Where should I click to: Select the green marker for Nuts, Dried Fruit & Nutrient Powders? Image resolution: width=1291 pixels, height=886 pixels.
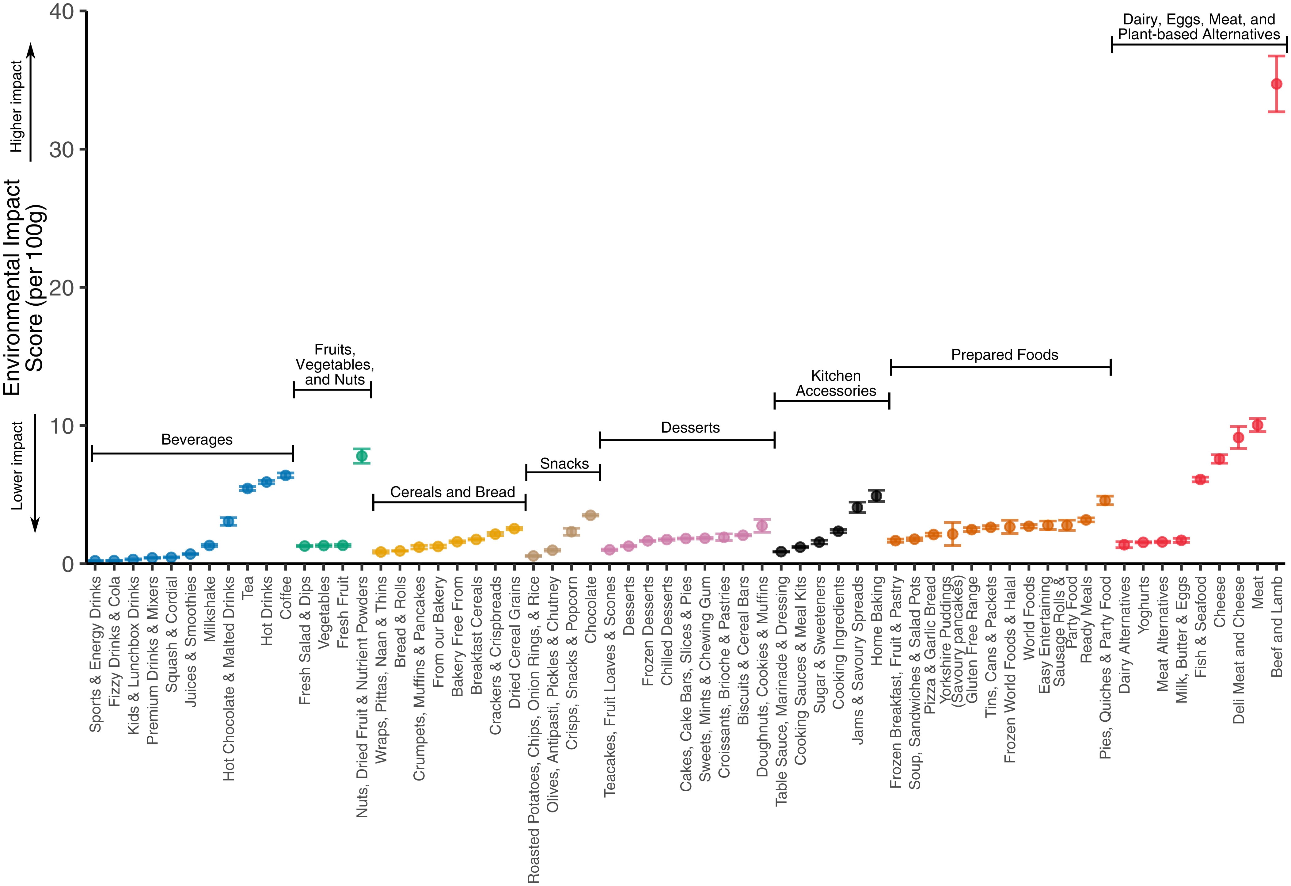(362, 456)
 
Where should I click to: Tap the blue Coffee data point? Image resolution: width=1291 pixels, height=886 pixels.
(286, 475)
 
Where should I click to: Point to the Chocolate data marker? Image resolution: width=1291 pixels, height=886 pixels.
(590, 515)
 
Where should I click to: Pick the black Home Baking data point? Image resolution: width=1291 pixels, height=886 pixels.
(876, 496)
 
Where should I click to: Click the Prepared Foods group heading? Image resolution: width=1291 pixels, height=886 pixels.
(1004, 355)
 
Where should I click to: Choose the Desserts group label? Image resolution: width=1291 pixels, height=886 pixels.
(690, 427)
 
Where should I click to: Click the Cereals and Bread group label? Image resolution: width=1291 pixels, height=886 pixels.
(452, 492)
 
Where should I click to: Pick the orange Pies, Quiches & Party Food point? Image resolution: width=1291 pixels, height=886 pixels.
(1105, 500)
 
